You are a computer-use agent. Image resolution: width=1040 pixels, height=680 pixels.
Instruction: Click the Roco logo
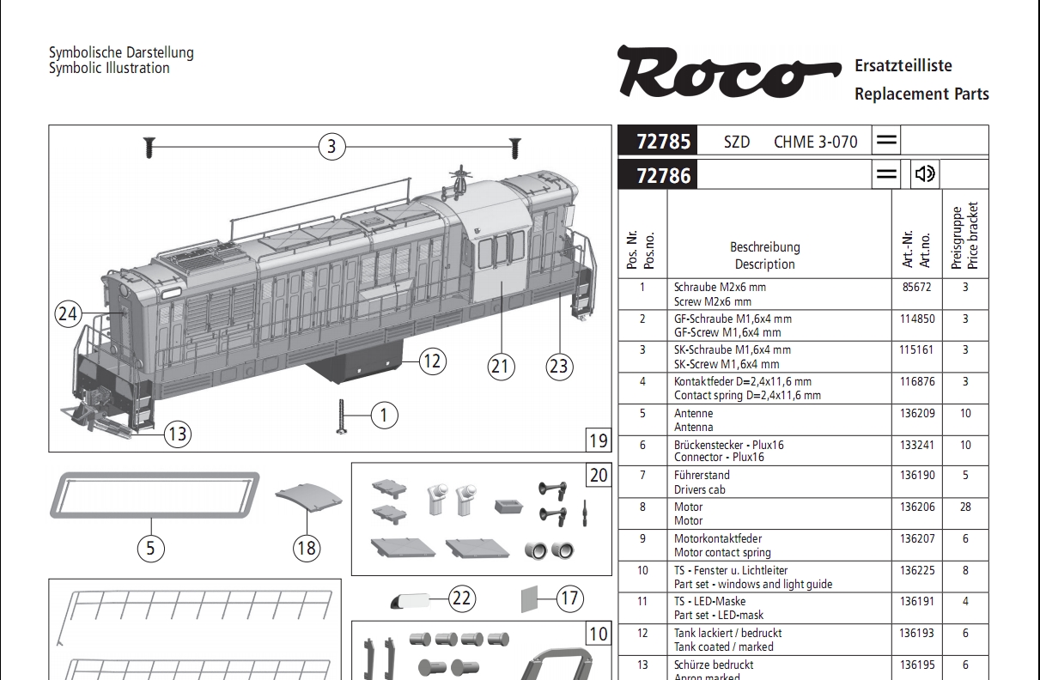[x=729, y=71]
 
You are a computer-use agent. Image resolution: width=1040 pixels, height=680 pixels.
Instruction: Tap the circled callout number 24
[x=68, y=314]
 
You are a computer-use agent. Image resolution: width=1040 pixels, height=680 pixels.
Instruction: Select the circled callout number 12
[x=433, y=361]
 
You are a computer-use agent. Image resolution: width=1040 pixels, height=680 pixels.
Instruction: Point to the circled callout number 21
[x=501, y=367]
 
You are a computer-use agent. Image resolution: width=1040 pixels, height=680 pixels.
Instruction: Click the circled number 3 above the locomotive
[x=331, y=147]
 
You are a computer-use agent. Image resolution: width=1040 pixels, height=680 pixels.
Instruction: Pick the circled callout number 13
[x=178, y=434]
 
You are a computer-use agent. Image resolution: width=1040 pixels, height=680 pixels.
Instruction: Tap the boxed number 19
[x=599, y=440]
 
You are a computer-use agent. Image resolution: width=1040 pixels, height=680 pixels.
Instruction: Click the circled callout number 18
[x=307, y=548]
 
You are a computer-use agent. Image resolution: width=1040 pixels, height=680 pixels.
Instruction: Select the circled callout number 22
[x=462, y=598]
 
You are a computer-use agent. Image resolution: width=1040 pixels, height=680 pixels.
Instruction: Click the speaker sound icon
[x=925, y=174]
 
